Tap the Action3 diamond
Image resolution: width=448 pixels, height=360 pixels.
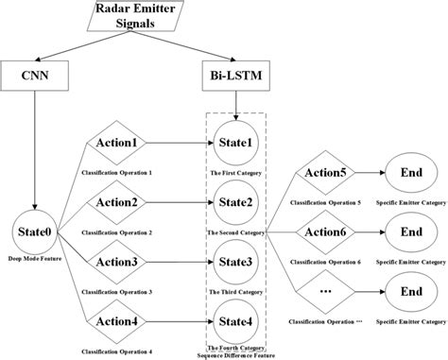[121, 260]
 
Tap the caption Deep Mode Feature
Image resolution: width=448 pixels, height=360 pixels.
[35, 257]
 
